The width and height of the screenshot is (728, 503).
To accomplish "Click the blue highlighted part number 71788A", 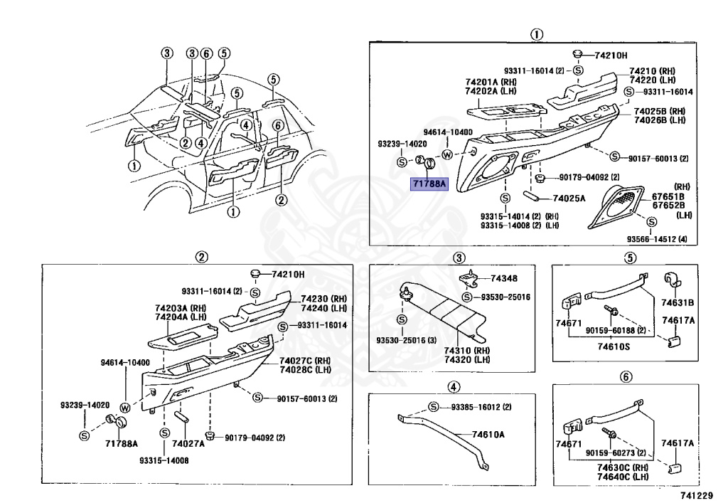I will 429,184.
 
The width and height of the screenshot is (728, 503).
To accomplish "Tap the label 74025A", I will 569,198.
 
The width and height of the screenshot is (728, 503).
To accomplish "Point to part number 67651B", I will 668,196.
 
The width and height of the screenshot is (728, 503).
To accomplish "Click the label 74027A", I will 188,443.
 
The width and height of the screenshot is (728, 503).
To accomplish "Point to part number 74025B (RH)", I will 659,111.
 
